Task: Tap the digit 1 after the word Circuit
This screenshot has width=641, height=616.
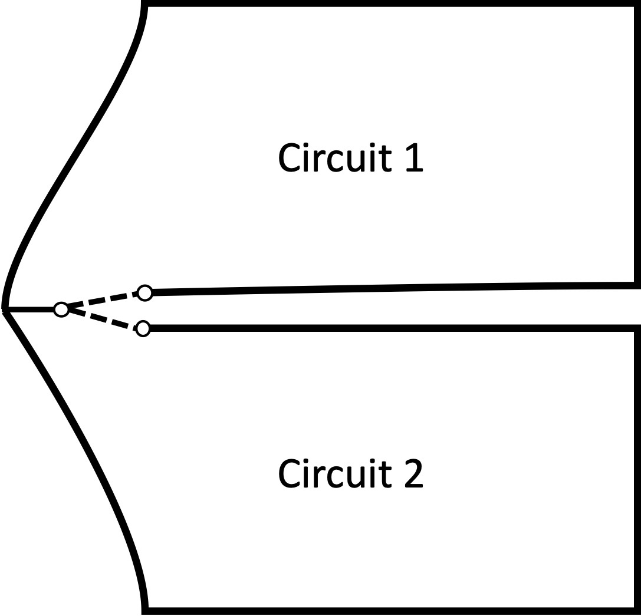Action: (x=415, y=158)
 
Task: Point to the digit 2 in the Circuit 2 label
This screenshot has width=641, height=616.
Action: (x=414, y=474)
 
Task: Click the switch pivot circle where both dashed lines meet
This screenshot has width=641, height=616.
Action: (x=61, y=309)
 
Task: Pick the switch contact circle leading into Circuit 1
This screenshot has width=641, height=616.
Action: (x=144, y=292)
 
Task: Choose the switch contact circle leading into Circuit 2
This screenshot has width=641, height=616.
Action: (x=143, y=328)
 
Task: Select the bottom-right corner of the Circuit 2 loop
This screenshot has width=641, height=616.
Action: (x=637, y=610)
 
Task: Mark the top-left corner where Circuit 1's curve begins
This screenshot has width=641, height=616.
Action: (x=145, y=5)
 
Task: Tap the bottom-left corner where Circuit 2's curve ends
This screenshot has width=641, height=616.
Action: (x=146, y=610)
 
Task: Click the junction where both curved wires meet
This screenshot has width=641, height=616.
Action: (x=5, y=309)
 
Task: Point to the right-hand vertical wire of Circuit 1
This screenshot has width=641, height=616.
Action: (x=636, y=147)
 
